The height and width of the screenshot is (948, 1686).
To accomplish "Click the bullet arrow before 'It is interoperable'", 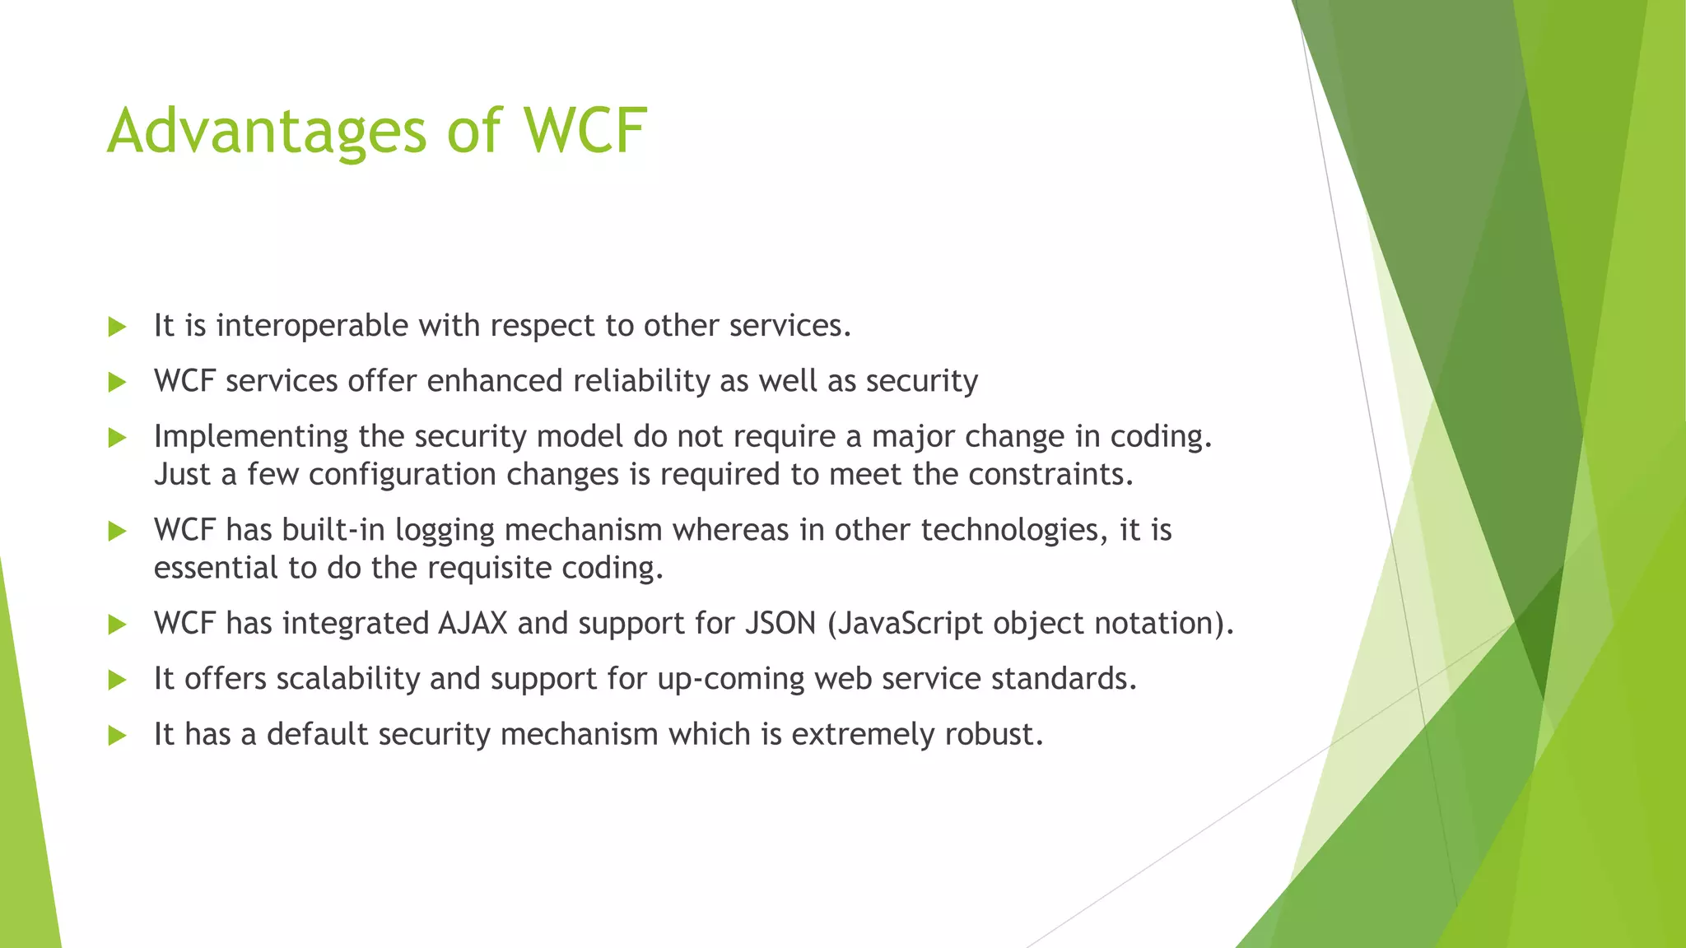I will click(x=117, y=327).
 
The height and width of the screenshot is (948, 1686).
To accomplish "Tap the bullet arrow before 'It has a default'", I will click(x=117, y=735).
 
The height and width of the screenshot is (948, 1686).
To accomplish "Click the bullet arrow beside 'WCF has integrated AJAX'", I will click(x=117, y=625).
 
